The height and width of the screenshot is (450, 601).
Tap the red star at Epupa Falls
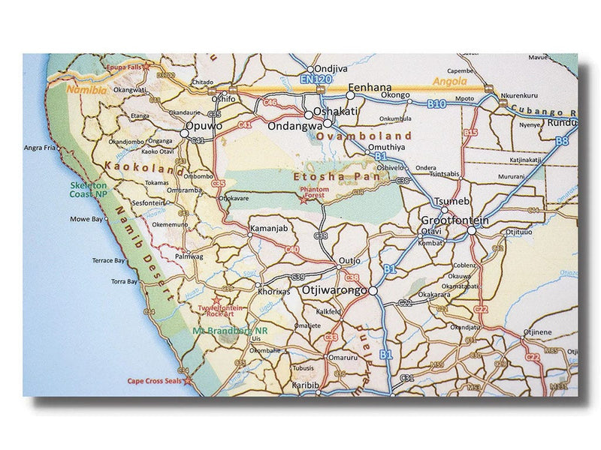point(146,67)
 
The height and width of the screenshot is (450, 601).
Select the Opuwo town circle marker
point(185,133)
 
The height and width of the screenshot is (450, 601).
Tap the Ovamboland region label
point(364,136)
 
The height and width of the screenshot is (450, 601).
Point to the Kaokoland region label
point(145,166)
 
